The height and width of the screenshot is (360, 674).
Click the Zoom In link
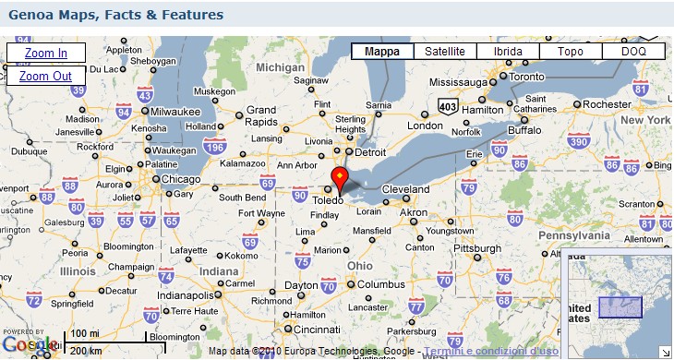point(45,54)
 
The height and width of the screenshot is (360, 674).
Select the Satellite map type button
point(445,52)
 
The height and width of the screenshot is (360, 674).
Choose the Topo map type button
point(571,52)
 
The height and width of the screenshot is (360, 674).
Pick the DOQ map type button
point(633,52)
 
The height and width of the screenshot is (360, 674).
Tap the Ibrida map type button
point(508,52)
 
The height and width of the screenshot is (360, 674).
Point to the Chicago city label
point(182,179)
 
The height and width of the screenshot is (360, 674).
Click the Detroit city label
point(370,151)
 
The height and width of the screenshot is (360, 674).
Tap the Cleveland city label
point(406,188)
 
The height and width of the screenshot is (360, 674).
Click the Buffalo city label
point(524,130)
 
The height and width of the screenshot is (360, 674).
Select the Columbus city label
point(381,284)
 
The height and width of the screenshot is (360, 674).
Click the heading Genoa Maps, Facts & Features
point(115,16)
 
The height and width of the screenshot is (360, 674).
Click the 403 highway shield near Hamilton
point(449,106)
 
